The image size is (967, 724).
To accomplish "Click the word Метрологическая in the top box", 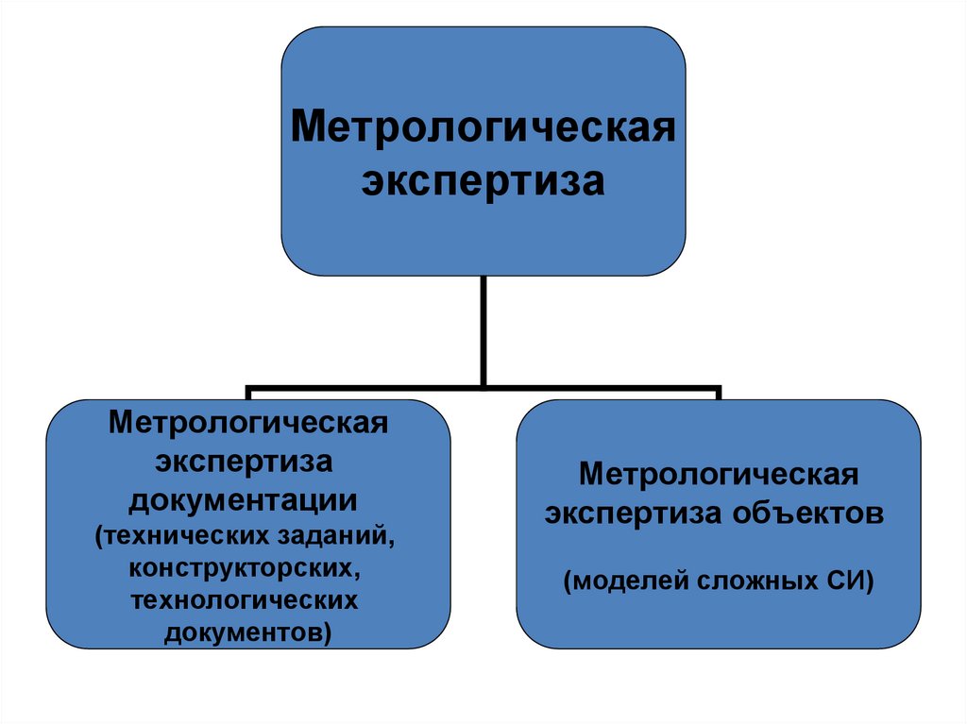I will coord(483,126).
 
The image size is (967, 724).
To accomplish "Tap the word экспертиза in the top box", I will coord(483,180).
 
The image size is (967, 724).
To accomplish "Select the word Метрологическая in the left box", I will coord(248,420).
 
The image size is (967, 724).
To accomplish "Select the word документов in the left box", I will coord(247,631).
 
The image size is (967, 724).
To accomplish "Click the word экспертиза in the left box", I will coord(248,462).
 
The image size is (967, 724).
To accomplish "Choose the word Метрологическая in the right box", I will coord(719,473).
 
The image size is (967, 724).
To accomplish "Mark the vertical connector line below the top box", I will coord(483,330).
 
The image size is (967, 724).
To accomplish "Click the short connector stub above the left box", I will coord(248,393).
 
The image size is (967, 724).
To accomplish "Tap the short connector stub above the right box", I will coord(719,393).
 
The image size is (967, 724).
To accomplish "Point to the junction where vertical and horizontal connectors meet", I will coord(483,386).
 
